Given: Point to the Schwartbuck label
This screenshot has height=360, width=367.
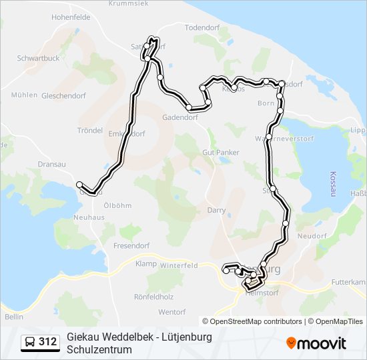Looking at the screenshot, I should point(39,58).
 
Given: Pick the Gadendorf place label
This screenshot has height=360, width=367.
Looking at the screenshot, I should point(180,117).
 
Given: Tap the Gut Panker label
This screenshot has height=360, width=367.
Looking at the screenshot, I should point(220,153).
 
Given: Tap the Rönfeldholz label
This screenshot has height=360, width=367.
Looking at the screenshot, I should point(154,297).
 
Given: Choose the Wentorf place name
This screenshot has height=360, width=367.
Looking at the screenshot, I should point(171,312).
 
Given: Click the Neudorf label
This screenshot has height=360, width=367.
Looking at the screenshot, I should point(311,236).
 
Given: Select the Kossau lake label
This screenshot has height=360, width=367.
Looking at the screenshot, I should point(332,183).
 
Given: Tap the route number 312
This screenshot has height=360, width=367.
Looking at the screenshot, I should point(47,343).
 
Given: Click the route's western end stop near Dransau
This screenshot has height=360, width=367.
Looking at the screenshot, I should point(79,185).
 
